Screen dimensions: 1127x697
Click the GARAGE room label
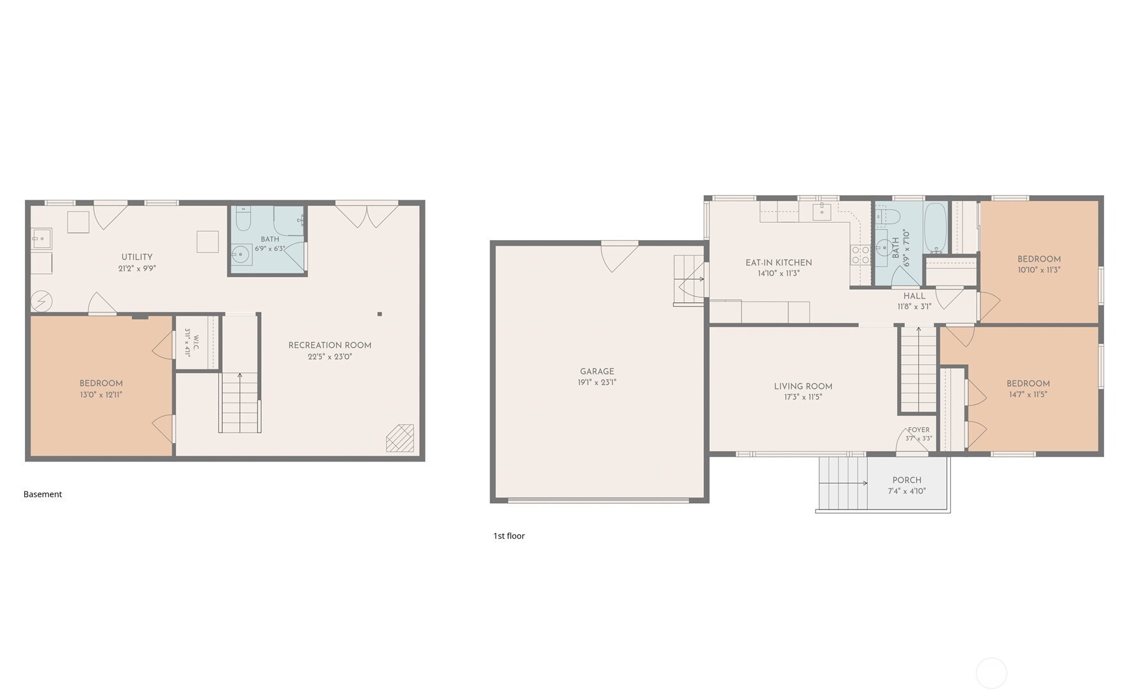pyautogui.click(x=597, y=371)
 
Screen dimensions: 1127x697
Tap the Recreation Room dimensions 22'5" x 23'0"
pyautogui.click(x=330, y=357)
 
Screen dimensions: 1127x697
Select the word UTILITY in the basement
pyautogui.click(x=137, y=257)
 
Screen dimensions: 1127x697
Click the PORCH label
pyautogui.click(x=907, y=480)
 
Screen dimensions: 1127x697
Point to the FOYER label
pyautogui.click(x=918, y=430)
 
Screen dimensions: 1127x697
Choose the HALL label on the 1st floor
pyautogui.click(x=915, y=296)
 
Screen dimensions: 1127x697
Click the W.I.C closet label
pyautogui.click(x=196, y=342)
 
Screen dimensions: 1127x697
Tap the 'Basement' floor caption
pyautogui.click(x=43, y=494)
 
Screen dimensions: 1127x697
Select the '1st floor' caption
pyautogui.click(x=509, y=536)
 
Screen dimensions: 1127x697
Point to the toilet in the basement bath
pyautogui.click(x=243, y=219)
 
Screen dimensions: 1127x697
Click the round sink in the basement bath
pyautogui.click(x=241, y=255)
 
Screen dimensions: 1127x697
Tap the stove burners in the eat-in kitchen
pyautogui.click(x=860, y=255)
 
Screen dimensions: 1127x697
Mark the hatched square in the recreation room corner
pyautogui.click(x=400, y=438)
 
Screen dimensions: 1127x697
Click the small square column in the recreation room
pyautogui.click(x=380, y=314)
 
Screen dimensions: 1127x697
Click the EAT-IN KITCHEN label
pyautogui.click(x=779, y=262)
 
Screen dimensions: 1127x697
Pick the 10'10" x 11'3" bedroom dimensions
pyautogui.click(x=1039, y=270)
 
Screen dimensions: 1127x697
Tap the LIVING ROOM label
pyautogui.click(x=803, y=386)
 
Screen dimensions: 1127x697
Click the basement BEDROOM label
pyautogui.click(x=101, y=383)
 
